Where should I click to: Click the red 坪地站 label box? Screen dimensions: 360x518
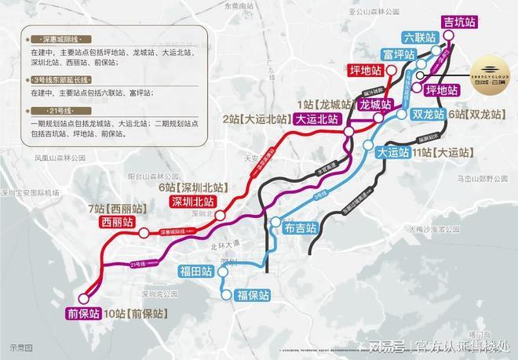367,71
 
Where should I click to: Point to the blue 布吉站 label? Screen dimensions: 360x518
301,229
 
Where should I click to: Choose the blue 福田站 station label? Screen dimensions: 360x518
196,273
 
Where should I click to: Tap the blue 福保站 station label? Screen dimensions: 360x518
253,296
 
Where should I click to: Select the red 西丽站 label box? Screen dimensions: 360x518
119,223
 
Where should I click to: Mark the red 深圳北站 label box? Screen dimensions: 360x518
192,202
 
